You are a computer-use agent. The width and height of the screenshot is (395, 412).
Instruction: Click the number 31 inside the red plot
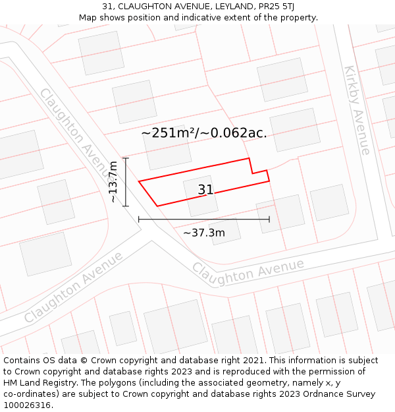(x=205, y=190)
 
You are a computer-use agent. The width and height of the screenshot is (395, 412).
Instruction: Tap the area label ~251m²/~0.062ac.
(x=204, y=132)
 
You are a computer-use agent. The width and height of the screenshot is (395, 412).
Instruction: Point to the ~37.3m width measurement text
(x=203, y=232)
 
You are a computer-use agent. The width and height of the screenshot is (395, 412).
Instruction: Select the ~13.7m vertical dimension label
(x=113, y=182)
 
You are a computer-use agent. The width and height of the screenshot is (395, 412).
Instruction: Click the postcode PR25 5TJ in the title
(x=271, y=7)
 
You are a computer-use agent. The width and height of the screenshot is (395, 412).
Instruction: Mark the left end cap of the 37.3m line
(x=139, y=219)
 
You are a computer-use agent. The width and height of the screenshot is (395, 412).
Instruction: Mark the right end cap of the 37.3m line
(x=269, y=219)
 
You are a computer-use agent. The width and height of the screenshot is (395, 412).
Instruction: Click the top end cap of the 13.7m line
(x=126, y=158)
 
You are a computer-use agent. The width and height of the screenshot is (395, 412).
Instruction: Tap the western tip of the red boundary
(x=139, y=181)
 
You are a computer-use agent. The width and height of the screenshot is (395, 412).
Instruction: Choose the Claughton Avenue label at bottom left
(x=73, y=287)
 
